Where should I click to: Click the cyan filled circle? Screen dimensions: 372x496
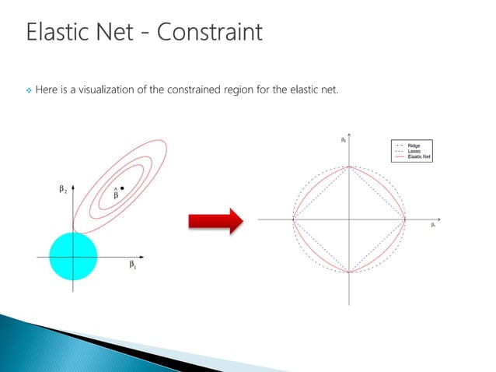click(x=73, y=255)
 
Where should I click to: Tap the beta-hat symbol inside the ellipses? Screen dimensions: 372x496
click(x=116, y=195)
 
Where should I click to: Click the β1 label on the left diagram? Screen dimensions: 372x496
click(x=133, y=265)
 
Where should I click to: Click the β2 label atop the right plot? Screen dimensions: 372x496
click(x=343, y=140)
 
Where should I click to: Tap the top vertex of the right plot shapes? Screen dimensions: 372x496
click(x=350, y=166)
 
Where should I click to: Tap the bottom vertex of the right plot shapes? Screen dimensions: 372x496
click(x=350, y=272)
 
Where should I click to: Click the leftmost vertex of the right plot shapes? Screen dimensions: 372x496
click(x=294, y=219)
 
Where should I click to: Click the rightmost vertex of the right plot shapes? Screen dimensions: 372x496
click(x=405, y=219)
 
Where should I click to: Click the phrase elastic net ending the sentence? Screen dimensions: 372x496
click(x=318, y=91)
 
